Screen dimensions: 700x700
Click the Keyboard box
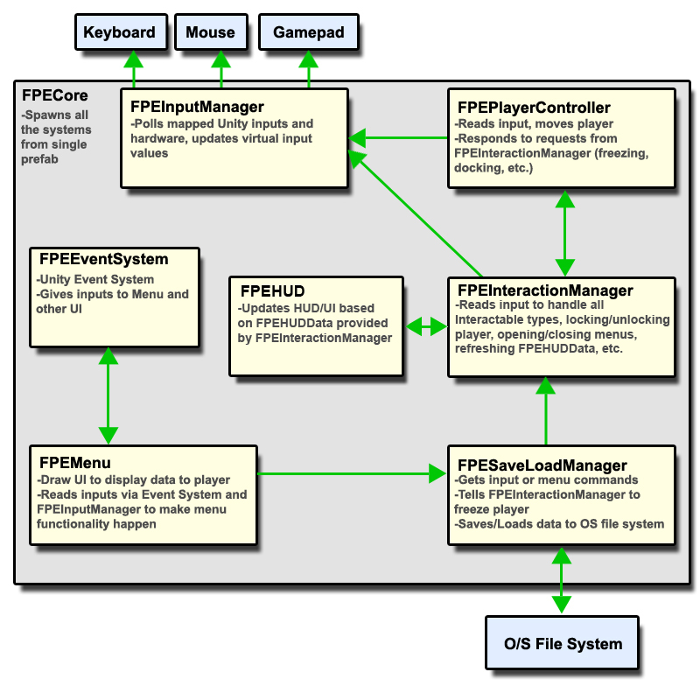[x=119, y=32]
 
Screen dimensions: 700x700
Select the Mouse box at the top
[x=210, y=32]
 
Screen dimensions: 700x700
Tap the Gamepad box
[x=308, y=32]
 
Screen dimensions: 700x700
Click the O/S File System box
[x=563, y=644]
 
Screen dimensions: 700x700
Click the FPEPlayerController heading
[x=534, y=108]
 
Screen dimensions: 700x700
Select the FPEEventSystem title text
[x=103, y=259]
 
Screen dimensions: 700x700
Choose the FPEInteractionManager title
[x=543, y=290]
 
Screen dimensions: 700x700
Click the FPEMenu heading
[x=74, y=462]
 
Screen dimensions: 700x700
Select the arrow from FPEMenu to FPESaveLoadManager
[x=350, y=474]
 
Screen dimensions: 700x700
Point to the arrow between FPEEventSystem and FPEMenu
[x=108, y=395]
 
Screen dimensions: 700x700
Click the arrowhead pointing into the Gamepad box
[x=308, y=59]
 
